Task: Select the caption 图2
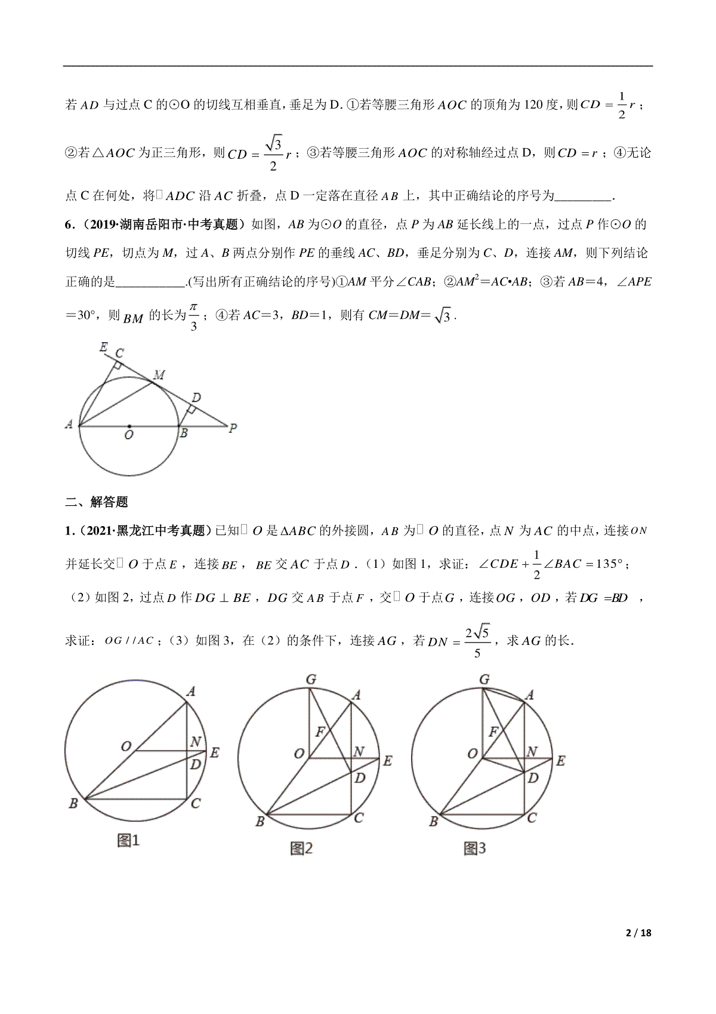(x=301, y=848)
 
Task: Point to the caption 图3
(x=475, y=848)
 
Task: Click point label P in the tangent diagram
(x=233, y=428)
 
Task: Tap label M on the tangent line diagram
(x=159, y=375)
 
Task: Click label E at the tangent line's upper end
(x=103, y=346)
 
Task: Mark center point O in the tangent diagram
(x=129, y=426)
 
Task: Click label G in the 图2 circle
(x=310, y=679)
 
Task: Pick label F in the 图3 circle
(x=493, y=732)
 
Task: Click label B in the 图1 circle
(x=73, y=803)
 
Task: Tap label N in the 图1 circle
(x=195, y=742)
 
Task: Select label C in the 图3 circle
(x=532, y=818)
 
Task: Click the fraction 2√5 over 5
(x=477, y=641)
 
